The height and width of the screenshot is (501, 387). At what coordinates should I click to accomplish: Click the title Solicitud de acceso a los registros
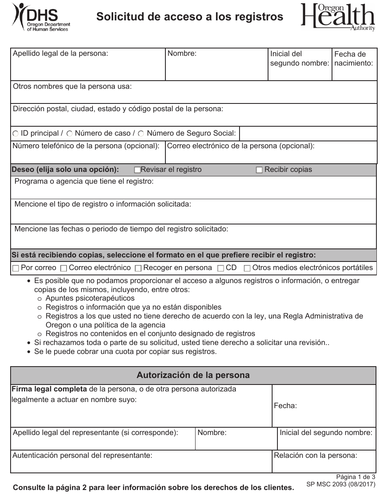point(189,17)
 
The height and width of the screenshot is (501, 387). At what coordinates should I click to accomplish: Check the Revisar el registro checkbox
point(137,170)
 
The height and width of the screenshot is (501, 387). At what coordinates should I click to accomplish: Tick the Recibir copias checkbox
point(259,170)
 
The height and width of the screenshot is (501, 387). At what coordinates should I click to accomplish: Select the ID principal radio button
point(16,134)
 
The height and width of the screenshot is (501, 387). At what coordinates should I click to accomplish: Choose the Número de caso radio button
point(70,134)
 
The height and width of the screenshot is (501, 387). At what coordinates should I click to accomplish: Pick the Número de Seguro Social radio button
point(141,134)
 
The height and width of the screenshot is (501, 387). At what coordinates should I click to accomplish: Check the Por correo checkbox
point(16,268)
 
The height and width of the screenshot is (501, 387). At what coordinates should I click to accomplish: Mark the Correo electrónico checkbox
point(64,268)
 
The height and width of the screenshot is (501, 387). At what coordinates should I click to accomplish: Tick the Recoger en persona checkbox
point(138,268)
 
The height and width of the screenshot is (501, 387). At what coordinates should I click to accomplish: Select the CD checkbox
point(221,268)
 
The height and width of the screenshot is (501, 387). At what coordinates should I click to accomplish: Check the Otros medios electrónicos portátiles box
point(247,268)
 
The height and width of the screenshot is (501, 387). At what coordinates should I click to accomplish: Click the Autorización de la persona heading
point(193,375)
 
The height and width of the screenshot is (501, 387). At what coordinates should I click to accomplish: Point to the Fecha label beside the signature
point(285,406)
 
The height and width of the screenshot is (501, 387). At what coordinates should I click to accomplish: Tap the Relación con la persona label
point(315,455)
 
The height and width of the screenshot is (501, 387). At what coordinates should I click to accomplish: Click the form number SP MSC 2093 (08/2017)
point(340,485)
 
